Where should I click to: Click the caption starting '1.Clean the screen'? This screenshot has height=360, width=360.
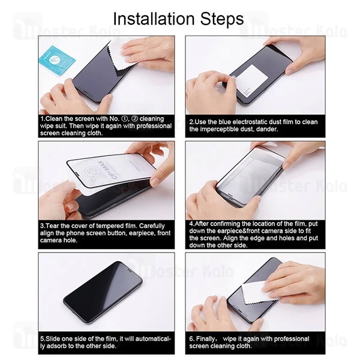coord(106,126)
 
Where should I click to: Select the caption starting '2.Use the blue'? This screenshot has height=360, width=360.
coord(254,125)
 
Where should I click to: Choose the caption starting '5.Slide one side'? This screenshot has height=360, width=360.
coord(106,342)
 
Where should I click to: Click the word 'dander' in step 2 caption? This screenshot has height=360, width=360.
coord(263,129)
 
